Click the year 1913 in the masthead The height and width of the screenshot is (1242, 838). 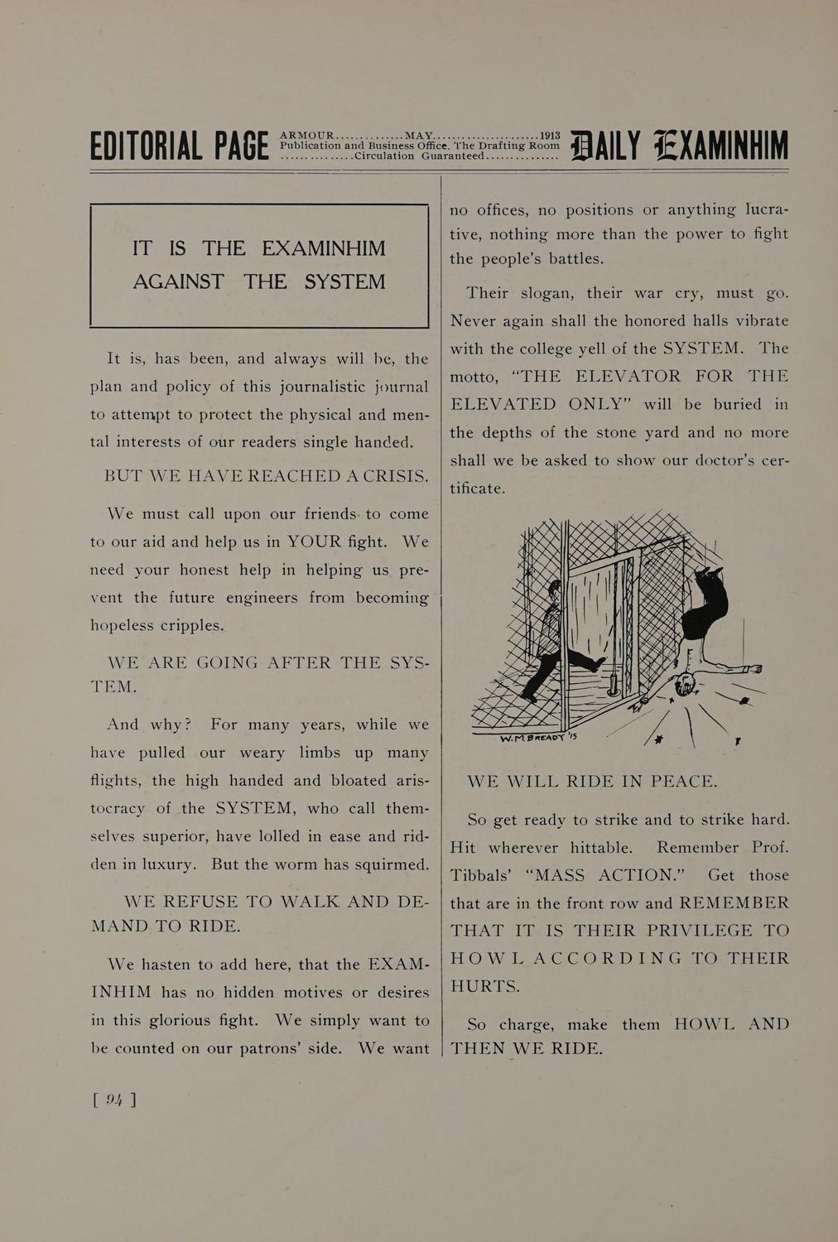pos(550,135)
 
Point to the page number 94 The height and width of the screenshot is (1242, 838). pos(115,1099)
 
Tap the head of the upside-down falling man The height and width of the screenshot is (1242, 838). pos(685,685)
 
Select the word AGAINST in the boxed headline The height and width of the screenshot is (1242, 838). pos(178,282)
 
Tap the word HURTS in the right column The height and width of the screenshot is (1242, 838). pos(484,986)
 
